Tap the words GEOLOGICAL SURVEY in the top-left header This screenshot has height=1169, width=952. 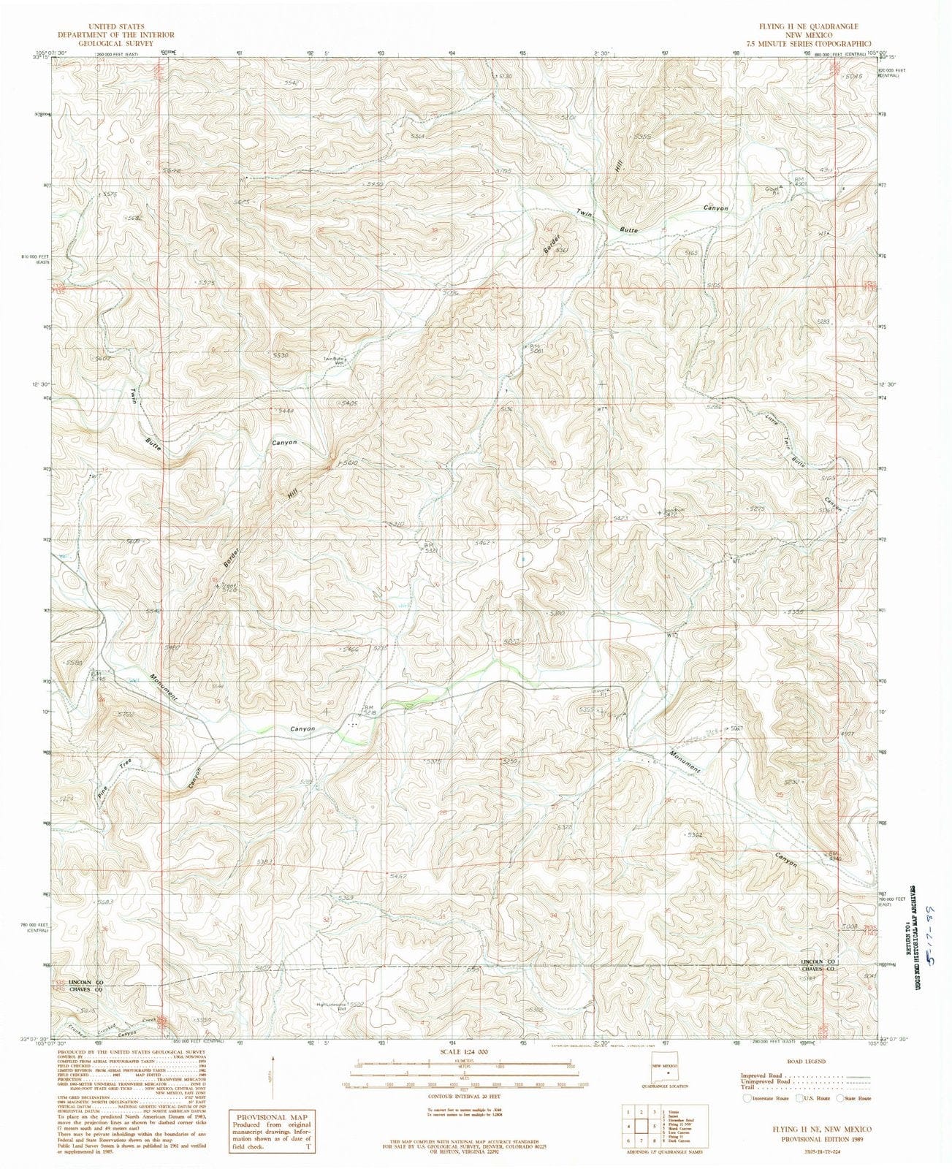[x=117, y=43]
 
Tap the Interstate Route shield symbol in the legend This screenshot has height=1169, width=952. [x=746, y=1098]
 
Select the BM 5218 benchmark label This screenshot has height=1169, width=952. [x=370, y=709]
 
